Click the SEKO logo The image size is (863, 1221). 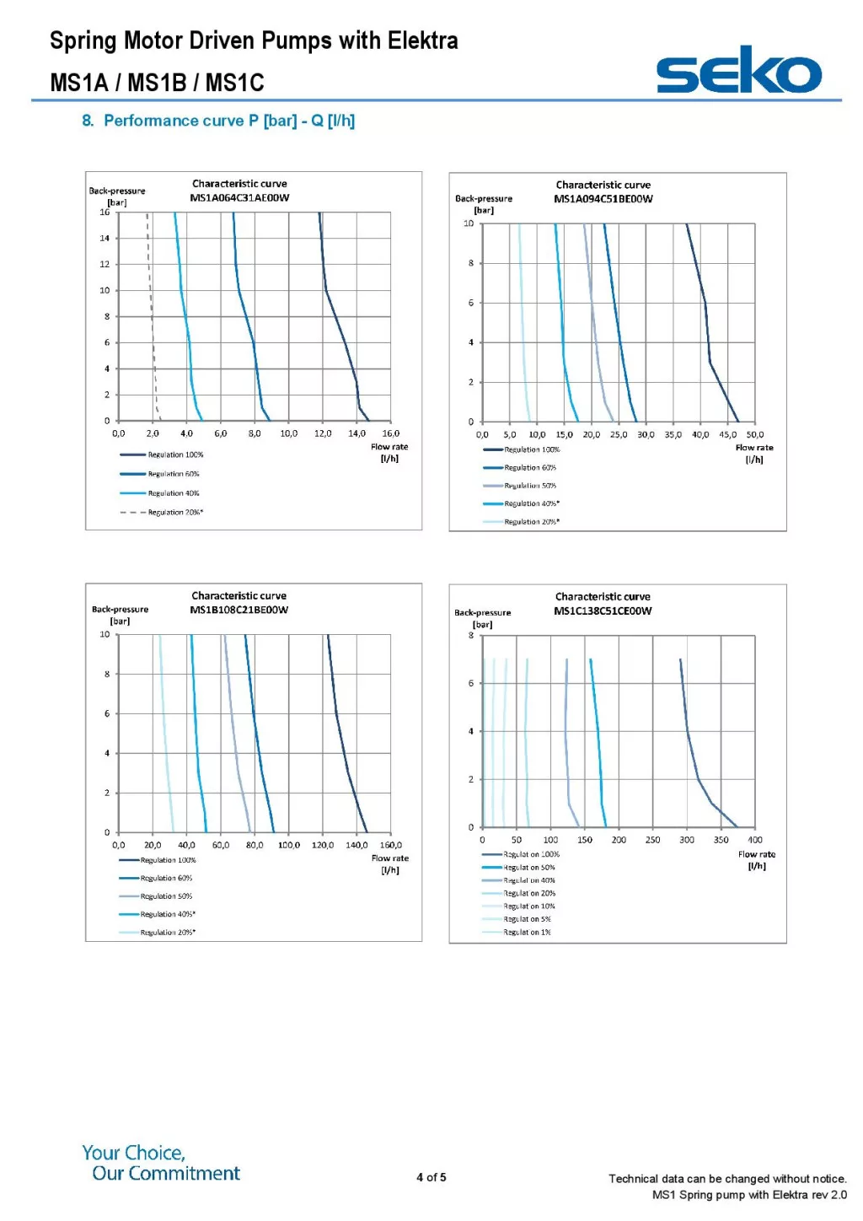pos(738,71)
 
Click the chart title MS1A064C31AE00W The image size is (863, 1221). pos(239,198)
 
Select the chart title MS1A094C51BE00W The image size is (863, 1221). pos(603,199)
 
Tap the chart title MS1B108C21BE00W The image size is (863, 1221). pos(239,610)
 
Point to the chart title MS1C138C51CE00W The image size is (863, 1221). pos(603,611)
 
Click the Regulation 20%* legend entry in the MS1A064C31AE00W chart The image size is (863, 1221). pos(175,513)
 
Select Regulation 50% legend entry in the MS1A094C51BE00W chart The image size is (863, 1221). pos(530,486)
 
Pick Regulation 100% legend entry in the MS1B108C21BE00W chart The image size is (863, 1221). pos(168,860)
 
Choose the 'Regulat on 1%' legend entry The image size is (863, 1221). pos(527,933)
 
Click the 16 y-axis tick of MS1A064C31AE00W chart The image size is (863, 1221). pos(105,212)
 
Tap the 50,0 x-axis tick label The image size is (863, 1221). pos(755,435)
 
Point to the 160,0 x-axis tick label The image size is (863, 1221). pos(391,845)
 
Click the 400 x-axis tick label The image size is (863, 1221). pos(755,840)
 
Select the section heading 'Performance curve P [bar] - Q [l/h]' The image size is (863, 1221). pos(228,121)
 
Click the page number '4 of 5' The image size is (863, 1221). pos(431,1177)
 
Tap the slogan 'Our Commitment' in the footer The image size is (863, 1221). pos(166,1174)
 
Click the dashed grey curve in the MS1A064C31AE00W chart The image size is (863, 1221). pos(152,320)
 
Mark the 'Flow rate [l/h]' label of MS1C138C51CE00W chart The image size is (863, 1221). pos(757,860)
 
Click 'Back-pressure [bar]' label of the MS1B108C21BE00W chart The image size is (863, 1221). pos(120,615)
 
